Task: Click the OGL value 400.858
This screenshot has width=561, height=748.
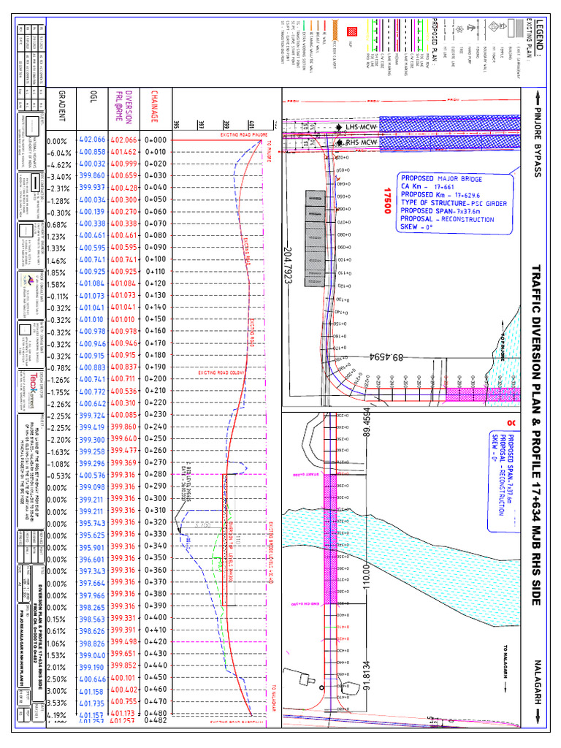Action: (92, 151)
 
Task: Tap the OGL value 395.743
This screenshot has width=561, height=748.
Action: (92, 522)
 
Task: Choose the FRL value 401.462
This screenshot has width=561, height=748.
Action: (123, 151)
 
